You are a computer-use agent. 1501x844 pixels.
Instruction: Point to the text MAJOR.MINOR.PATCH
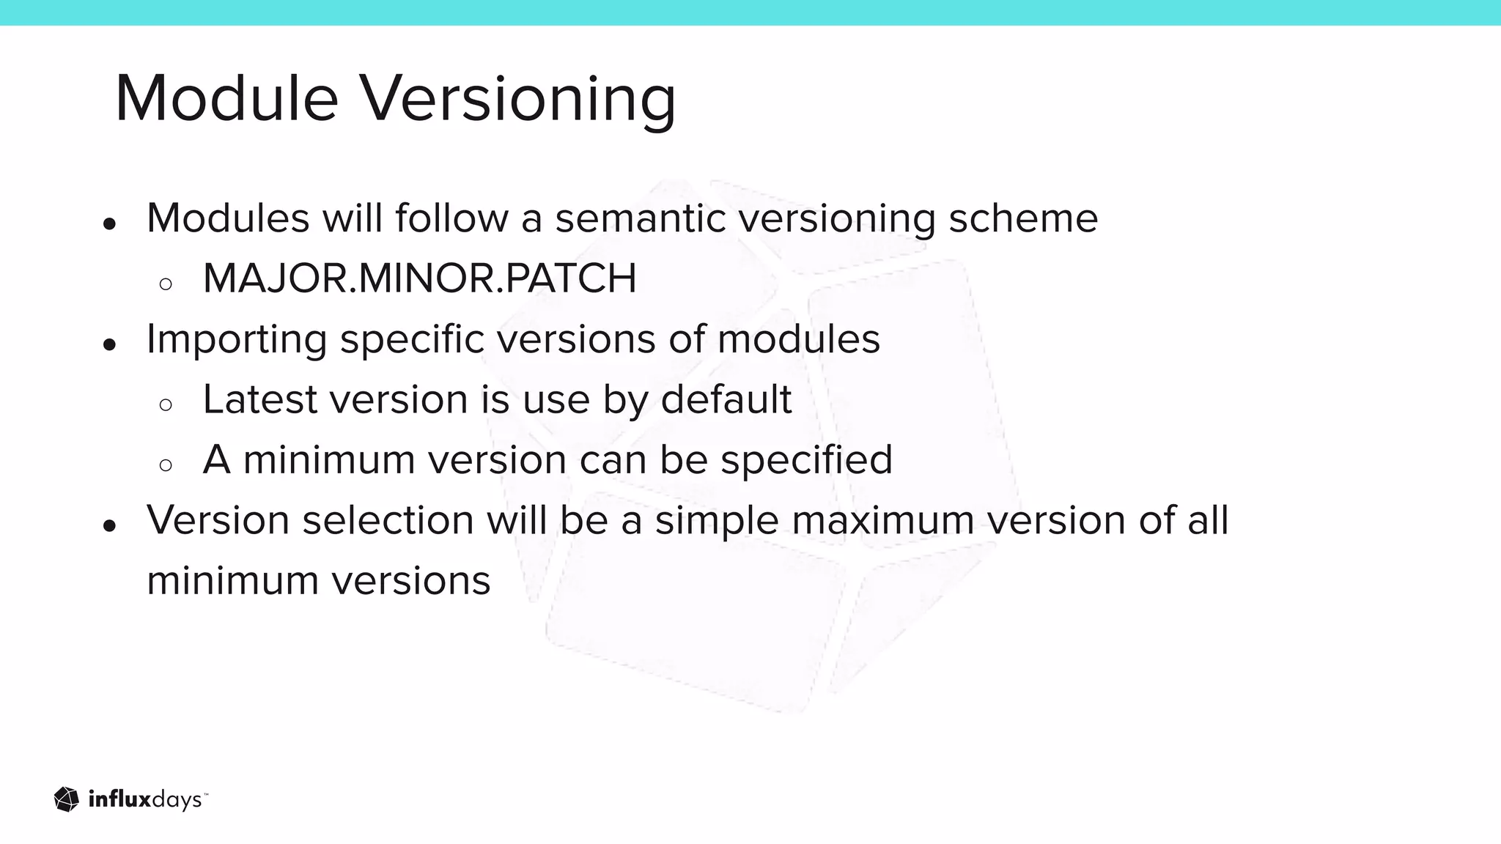pyautogui.click(x=419, y=278)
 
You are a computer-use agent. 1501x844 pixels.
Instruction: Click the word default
pyautogui.click(x=726, y=399)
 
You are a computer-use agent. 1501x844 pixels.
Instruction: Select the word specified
pyautogui.click(x=806, y=460)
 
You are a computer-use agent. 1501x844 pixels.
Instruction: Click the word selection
pyautogui.click(x=388, y=520)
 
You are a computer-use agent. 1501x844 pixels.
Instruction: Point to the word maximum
pyautogui.click(x=882, y=520)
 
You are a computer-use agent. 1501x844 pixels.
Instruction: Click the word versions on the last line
pyautogui.click(x=411, y=581)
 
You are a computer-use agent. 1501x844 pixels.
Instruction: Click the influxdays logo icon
pyautogui.click(x=67, y=799)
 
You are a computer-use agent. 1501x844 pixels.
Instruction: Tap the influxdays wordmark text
pyautogui.click(x=145, y=800)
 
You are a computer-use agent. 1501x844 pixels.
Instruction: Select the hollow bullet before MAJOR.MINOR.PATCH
pyautogui.click(x=166, y=284)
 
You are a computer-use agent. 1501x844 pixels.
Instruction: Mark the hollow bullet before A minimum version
pyautogui.click(x=166, y=464)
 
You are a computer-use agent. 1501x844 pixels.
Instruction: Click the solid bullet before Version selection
pyautogui.click(x=110, y=525)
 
